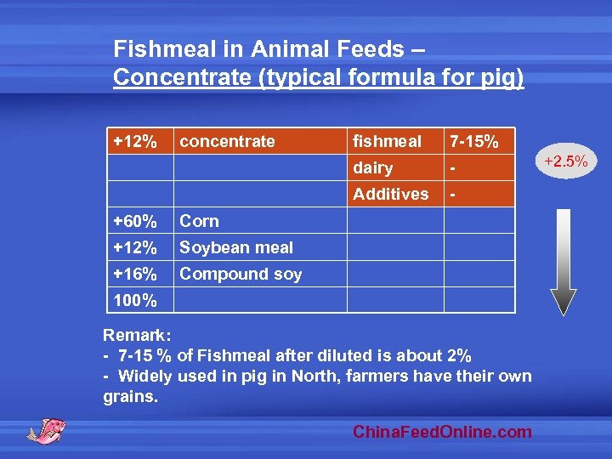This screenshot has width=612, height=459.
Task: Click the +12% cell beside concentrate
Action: click(x=134, y=141)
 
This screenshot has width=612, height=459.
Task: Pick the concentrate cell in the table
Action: click(x=228, y=141)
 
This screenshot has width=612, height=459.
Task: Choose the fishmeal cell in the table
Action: click(x=388, y=141)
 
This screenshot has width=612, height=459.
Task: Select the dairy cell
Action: click(x=373, y=168)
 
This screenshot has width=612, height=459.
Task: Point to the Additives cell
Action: click(x=391, y=195)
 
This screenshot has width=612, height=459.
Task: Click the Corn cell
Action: click(x=200, y=221)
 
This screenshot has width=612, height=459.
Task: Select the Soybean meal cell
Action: click(x=236, y=248)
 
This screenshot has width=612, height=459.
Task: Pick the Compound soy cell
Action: click(x=241, y=274)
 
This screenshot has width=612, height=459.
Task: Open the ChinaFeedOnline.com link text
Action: click(x=443, y=432)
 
